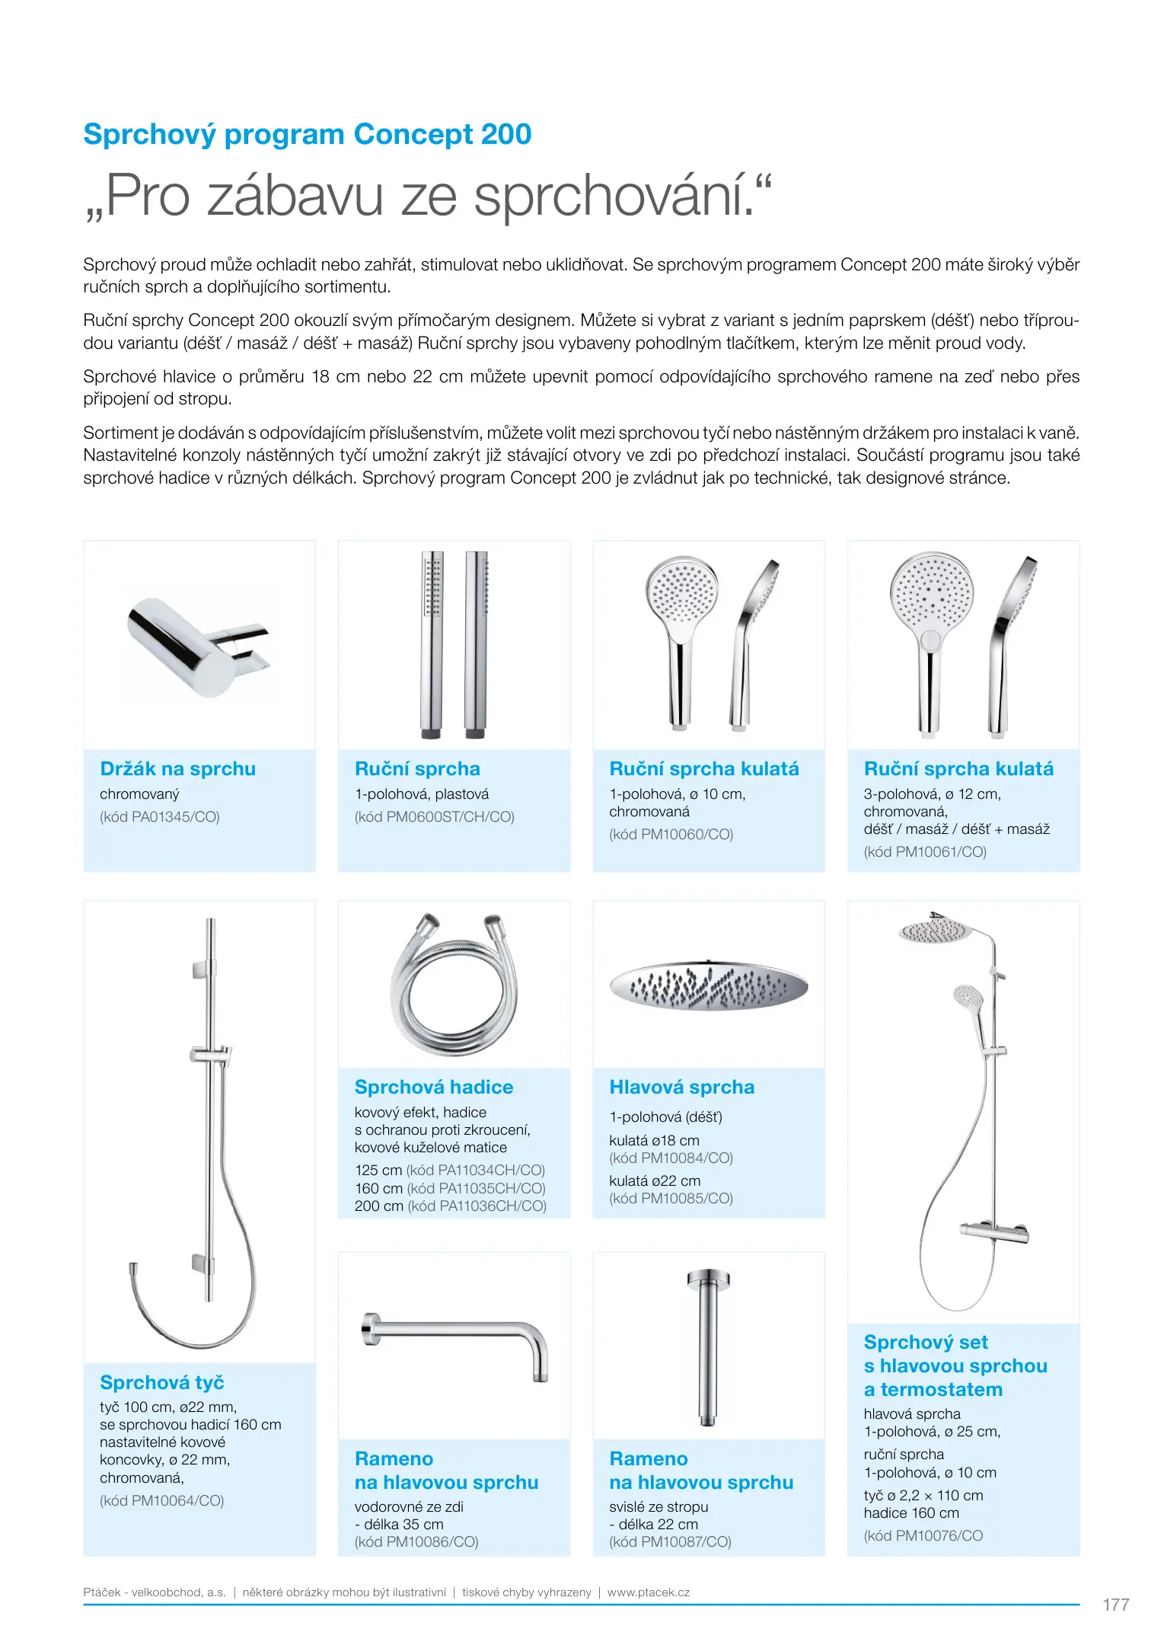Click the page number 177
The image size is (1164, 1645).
[1115, 1605]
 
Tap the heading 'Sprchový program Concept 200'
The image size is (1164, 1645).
[307, 134]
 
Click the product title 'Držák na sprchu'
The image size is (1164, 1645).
[177, 768]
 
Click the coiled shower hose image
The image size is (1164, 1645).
[454, 984]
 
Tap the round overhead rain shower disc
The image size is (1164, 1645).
[708, 985]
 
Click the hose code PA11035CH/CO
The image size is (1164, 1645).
[476, 1188]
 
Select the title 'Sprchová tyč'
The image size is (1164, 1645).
[161, 1382]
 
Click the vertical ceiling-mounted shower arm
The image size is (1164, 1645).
[708, 1346]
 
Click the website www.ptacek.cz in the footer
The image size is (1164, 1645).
[648, 1592]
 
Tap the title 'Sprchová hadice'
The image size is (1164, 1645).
[433, 1087]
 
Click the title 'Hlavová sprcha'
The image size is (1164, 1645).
[681, 1087]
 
